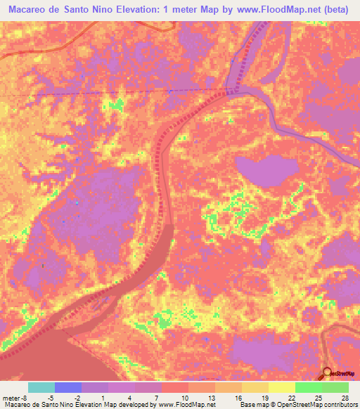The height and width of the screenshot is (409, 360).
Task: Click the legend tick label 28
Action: click(345, 396)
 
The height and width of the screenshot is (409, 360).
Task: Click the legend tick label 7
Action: click(153, 396)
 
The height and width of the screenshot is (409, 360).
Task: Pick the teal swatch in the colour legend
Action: click(41, 387)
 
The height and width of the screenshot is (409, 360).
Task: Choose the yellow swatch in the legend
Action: click(281, 387)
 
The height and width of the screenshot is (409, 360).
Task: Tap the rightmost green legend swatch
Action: click(335, 387)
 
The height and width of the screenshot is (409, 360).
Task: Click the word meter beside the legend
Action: click(11, 396)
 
